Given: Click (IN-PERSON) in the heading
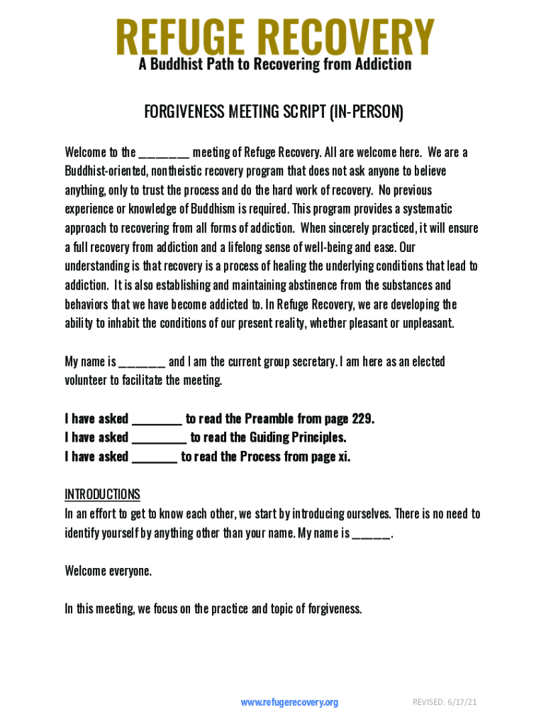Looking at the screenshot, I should (365, 112).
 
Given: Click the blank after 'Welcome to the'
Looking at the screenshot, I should (164, 153).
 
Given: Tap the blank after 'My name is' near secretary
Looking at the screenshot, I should (142, 362).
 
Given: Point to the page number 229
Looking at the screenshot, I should (362, 419).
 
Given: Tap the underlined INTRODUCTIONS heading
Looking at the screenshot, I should (102, 494).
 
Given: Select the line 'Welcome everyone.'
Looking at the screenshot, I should (108, 571).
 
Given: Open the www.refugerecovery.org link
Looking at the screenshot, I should (289, 703).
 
